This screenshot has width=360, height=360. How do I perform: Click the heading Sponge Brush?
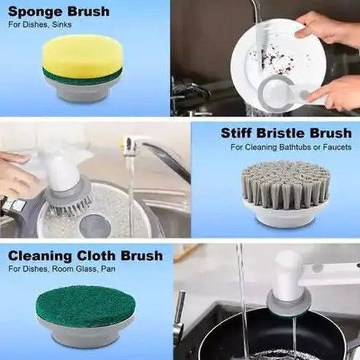(x=58, y=11)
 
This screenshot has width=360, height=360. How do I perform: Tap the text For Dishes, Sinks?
(x=40, y=25)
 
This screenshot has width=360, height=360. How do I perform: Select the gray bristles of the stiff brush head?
(x=286, y=186)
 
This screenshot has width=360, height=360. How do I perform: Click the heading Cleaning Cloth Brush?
(x=85, y=256)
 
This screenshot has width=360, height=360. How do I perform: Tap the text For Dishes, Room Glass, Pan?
(x=62, y=269)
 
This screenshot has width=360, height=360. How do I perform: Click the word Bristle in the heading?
(x=286, y=133)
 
